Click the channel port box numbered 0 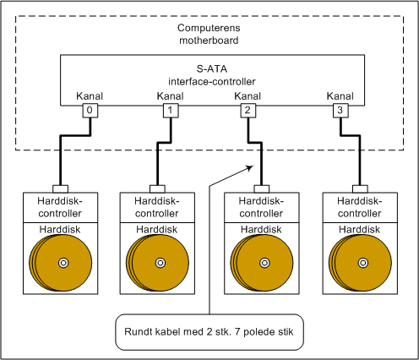click(90, 111)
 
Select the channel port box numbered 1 click(171, 111)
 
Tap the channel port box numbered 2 click(248, 111)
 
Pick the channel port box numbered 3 click(340, 111)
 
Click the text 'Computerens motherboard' click(209, 34)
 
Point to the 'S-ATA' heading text click(212, 69)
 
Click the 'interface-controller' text click(212, 82)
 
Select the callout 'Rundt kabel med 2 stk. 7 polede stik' click(209, 332)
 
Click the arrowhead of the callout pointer click(250, 168)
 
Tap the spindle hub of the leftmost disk click(63, 263)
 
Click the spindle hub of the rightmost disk click(363, 263)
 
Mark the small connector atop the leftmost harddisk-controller click(61, 189)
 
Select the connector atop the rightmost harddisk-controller click(360, 189)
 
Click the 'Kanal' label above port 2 click(248, 96)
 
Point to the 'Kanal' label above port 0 click(90, 96)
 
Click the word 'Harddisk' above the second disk click(157, 230)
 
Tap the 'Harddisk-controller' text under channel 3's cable click(360, 207)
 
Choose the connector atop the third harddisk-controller click(262, 189)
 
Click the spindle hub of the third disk click(264, 263)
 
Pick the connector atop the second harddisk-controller click(157, 189)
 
